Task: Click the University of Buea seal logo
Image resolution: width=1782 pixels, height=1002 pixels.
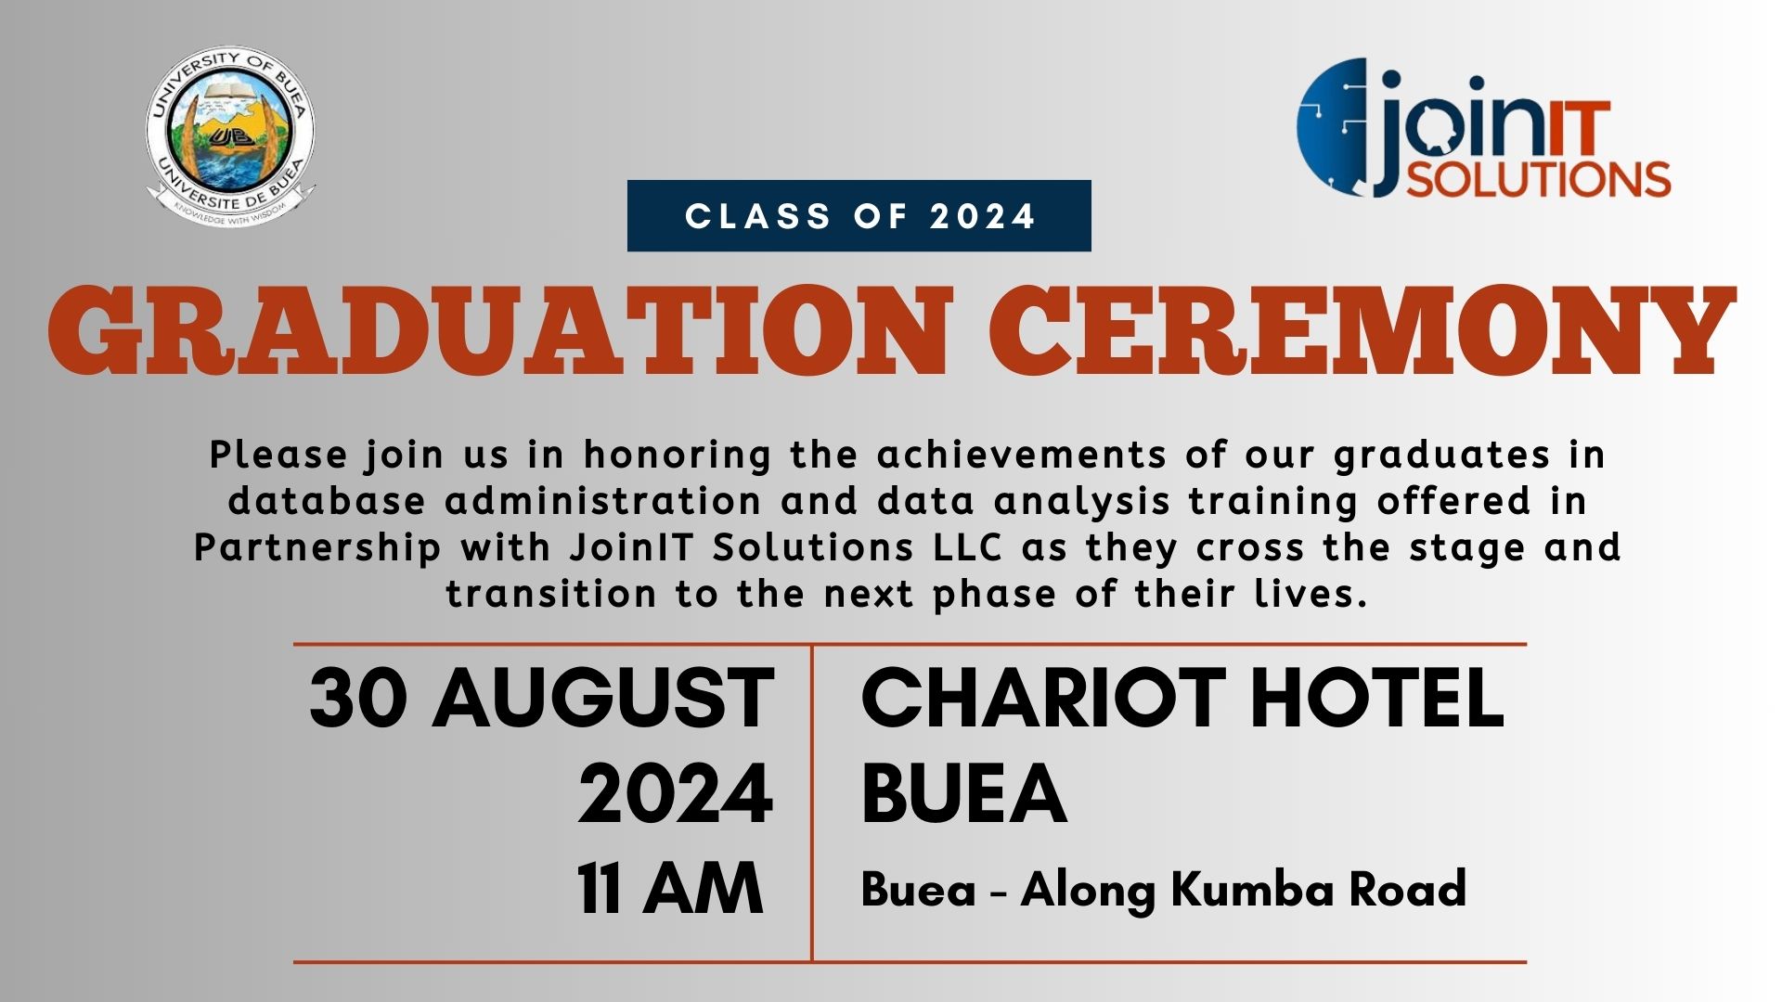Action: pyautogui.click(x=230, y=137)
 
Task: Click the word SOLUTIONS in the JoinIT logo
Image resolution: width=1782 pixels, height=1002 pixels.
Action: pyautogui.click(x=1538, y=178)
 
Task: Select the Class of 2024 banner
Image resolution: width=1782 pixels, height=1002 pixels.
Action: pyautogui.click(x=859, y=216)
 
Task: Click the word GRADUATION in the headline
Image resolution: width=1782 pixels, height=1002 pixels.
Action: pyautogui.click(x=500, y=329)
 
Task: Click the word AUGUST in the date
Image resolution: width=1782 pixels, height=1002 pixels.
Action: pyautogui.click(x=603, y=698)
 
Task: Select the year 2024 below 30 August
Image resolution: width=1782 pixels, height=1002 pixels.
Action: pyautogui.click(x=675, y=794)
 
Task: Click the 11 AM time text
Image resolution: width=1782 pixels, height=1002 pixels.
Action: pyautogui.click(x=670, y=889)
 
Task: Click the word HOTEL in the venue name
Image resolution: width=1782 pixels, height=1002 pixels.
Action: pyautogui.click(x=1378, y=698)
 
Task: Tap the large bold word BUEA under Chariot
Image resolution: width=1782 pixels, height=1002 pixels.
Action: pyautogui.click(x=963, y=794)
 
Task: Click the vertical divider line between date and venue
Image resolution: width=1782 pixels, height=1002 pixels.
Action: pyautogui.click(x=812, y=803)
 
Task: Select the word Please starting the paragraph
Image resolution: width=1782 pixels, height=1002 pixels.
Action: pyautogui.click(x=278, y=456)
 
